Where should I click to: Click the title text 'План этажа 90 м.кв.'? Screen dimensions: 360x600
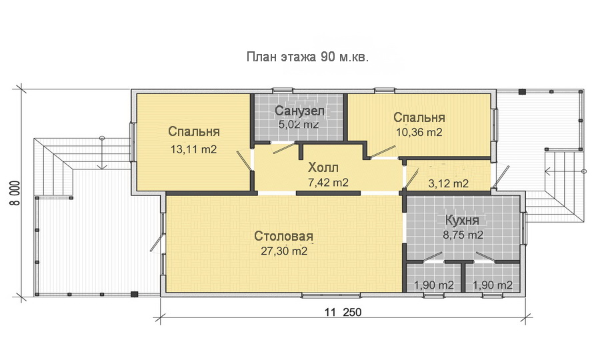click(x=307, y=57)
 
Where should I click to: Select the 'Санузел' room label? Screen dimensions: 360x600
click(x=299, y=110)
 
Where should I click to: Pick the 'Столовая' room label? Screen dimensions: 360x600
click(x=283, y=237)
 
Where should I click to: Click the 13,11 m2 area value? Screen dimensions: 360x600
click(x=193, y=149)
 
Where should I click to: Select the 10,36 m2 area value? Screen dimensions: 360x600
click(x=419, y=132)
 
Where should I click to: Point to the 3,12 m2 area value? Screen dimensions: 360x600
click(x=448, y=183)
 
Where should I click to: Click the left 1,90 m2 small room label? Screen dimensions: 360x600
click(x=434, y=285)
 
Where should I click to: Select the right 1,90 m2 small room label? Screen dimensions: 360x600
click(x=492, y=285)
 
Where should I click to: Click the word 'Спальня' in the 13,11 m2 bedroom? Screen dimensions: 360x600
click(x=194, y=131)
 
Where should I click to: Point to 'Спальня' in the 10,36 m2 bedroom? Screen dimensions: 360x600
click(x=419, y=117)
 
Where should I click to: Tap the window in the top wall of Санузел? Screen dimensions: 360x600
click(x=283, y=90)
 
